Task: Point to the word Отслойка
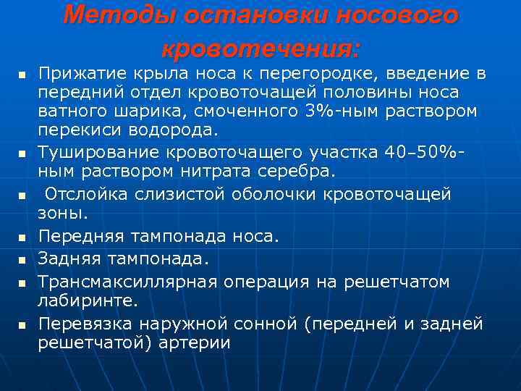(x=85, y=195)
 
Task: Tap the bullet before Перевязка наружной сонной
(x=22, y=324)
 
